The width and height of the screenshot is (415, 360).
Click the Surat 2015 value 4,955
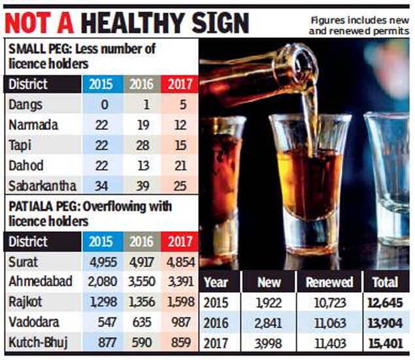pos(102,262)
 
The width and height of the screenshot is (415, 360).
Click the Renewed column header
pos(329,282)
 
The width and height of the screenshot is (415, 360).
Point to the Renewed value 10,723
pos(329,302)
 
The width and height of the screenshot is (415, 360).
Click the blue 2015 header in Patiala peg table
pos(102,242)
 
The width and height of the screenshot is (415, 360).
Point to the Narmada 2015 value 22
pos(102,124)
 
